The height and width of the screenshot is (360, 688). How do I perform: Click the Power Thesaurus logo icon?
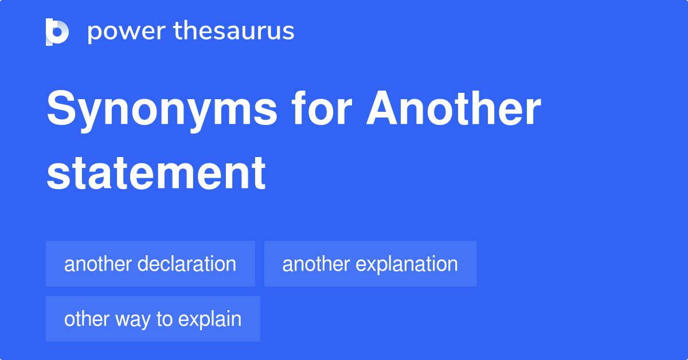click(x=57, y=32)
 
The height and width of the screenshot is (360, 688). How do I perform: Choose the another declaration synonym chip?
click(x=150, y=264)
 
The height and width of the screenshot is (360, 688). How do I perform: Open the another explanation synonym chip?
click(x=370, y=264)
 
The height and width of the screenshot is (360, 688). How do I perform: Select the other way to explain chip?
click(x=153, y=319)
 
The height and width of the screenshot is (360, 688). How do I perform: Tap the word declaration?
click(x=187, y=264)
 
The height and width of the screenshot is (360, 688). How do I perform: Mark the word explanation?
click(x=406, y=264)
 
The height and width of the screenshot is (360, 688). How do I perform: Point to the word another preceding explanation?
click(x=316, y=264)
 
